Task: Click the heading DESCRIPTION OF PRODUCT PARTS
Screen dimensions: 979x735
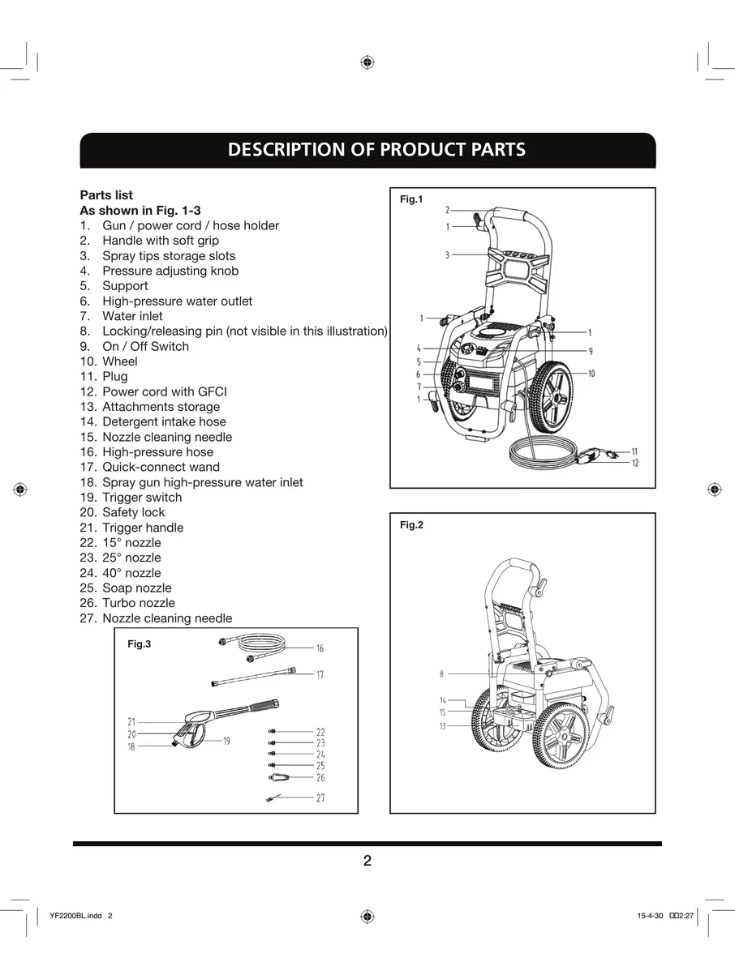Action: [x=376, y=150]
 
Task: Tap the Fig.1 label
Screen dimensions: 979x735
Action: [x=411, y=199]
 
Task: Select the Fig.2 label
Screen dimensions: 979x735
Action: [x=411, y=525]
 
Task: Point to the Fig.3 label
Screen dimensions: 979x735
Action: [x=140, y=644]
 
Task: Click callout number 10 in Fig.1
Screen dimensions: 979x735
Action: [x=591, y=374]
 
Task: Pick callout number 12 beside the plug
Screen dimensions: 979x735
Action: [x=635, y=463]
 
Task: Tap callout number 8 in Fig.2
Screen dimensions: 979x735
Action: [x=442, y=673]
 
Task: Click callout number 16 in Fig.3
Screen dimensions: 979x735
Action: [x=320, y=648]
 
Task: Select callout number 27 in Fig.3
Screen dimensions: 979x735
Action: [x=320, y=798]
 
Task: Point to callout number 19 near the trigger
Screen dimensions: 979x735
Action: [x=226, y=741]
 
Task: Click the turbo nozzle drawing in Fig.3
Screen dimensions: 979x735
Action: [x=276, y=777]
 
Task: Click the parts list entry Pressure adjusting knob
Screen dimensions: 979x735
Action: [x=170, y=271]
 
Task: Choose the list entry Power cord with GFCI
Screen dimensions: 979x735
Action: [x=164, y=391]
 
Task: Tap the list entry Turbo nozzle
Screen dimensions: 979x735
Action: [x=138, y=603]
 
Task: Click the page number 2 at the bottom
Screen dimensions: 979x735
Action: [x=367, y=861]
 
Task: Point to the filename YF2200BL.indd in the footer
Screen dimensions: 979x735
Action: [x=75, y=916]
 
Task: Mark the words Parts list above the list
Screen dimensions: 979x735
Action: [x=106, y=195]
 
